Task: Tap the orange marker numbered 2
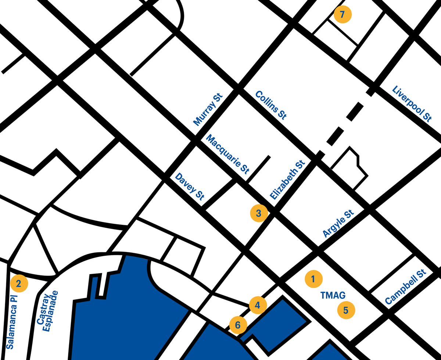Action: [19, 283]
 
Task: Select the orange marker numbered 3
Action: [258, 213]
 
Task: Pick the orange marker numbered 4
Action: [258, 305]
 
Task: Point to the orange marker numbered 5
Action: [346, 310]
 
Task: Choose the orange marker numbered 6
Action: [238, 325]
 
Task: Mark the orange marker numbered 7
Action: [343, 15]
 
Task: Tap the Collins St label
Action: [271, 105]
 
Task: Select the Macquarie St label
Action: [228, 154]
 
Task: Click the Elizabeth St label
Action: [287, 180]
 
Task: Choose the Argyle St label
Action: [338, 223]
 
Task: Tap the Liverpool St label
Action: [412, 104]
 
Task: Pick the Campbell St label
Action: [405, 287]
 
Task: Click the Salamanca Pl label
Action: [10, 321]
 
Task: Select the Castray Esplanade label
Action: [48, 312]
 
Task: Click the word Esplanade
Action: [52, 312]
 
